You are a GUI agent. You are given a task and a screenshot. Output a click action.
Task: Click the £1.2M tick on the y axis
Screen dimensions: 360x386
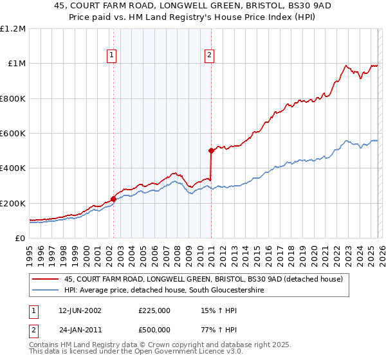pyautogui.click(x=13, y=29)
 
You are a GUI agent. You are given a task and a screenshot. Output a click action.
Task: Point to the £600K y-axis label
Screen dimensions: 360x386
pyautogui.click(x=13, y=134)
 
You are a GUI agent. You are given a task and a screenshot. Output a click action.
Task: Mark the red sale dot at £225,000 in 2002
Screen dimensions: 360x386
pyautogui.click(x=114, y=199)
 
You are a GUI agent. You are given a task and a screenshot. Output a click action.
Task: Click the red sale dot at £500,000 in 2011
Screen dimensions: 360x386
pyautogui.click(x=211, y=151)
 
